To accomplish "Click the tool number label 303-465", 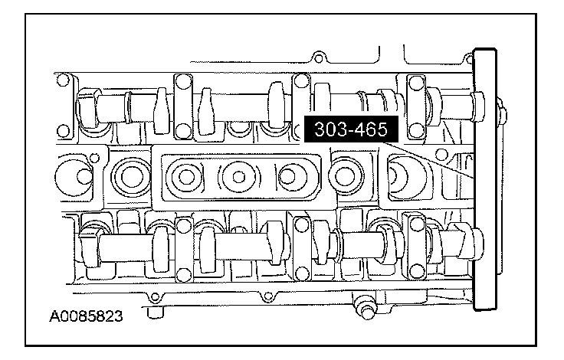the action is (351, 129).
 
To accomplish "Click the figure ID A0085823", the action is (86, 316).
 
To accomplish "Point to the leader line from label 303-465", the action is (428, 160).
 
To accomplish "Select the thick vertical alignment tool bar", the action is (485, 179).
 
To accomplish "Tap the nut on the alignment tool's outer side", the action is (502, 113).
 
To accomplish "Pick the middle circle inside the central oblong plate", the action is (238, 177).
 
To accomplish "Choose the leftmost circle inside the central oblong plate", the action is (186, 177).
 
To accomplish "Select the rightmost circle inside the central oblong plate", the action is (290, 177).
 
